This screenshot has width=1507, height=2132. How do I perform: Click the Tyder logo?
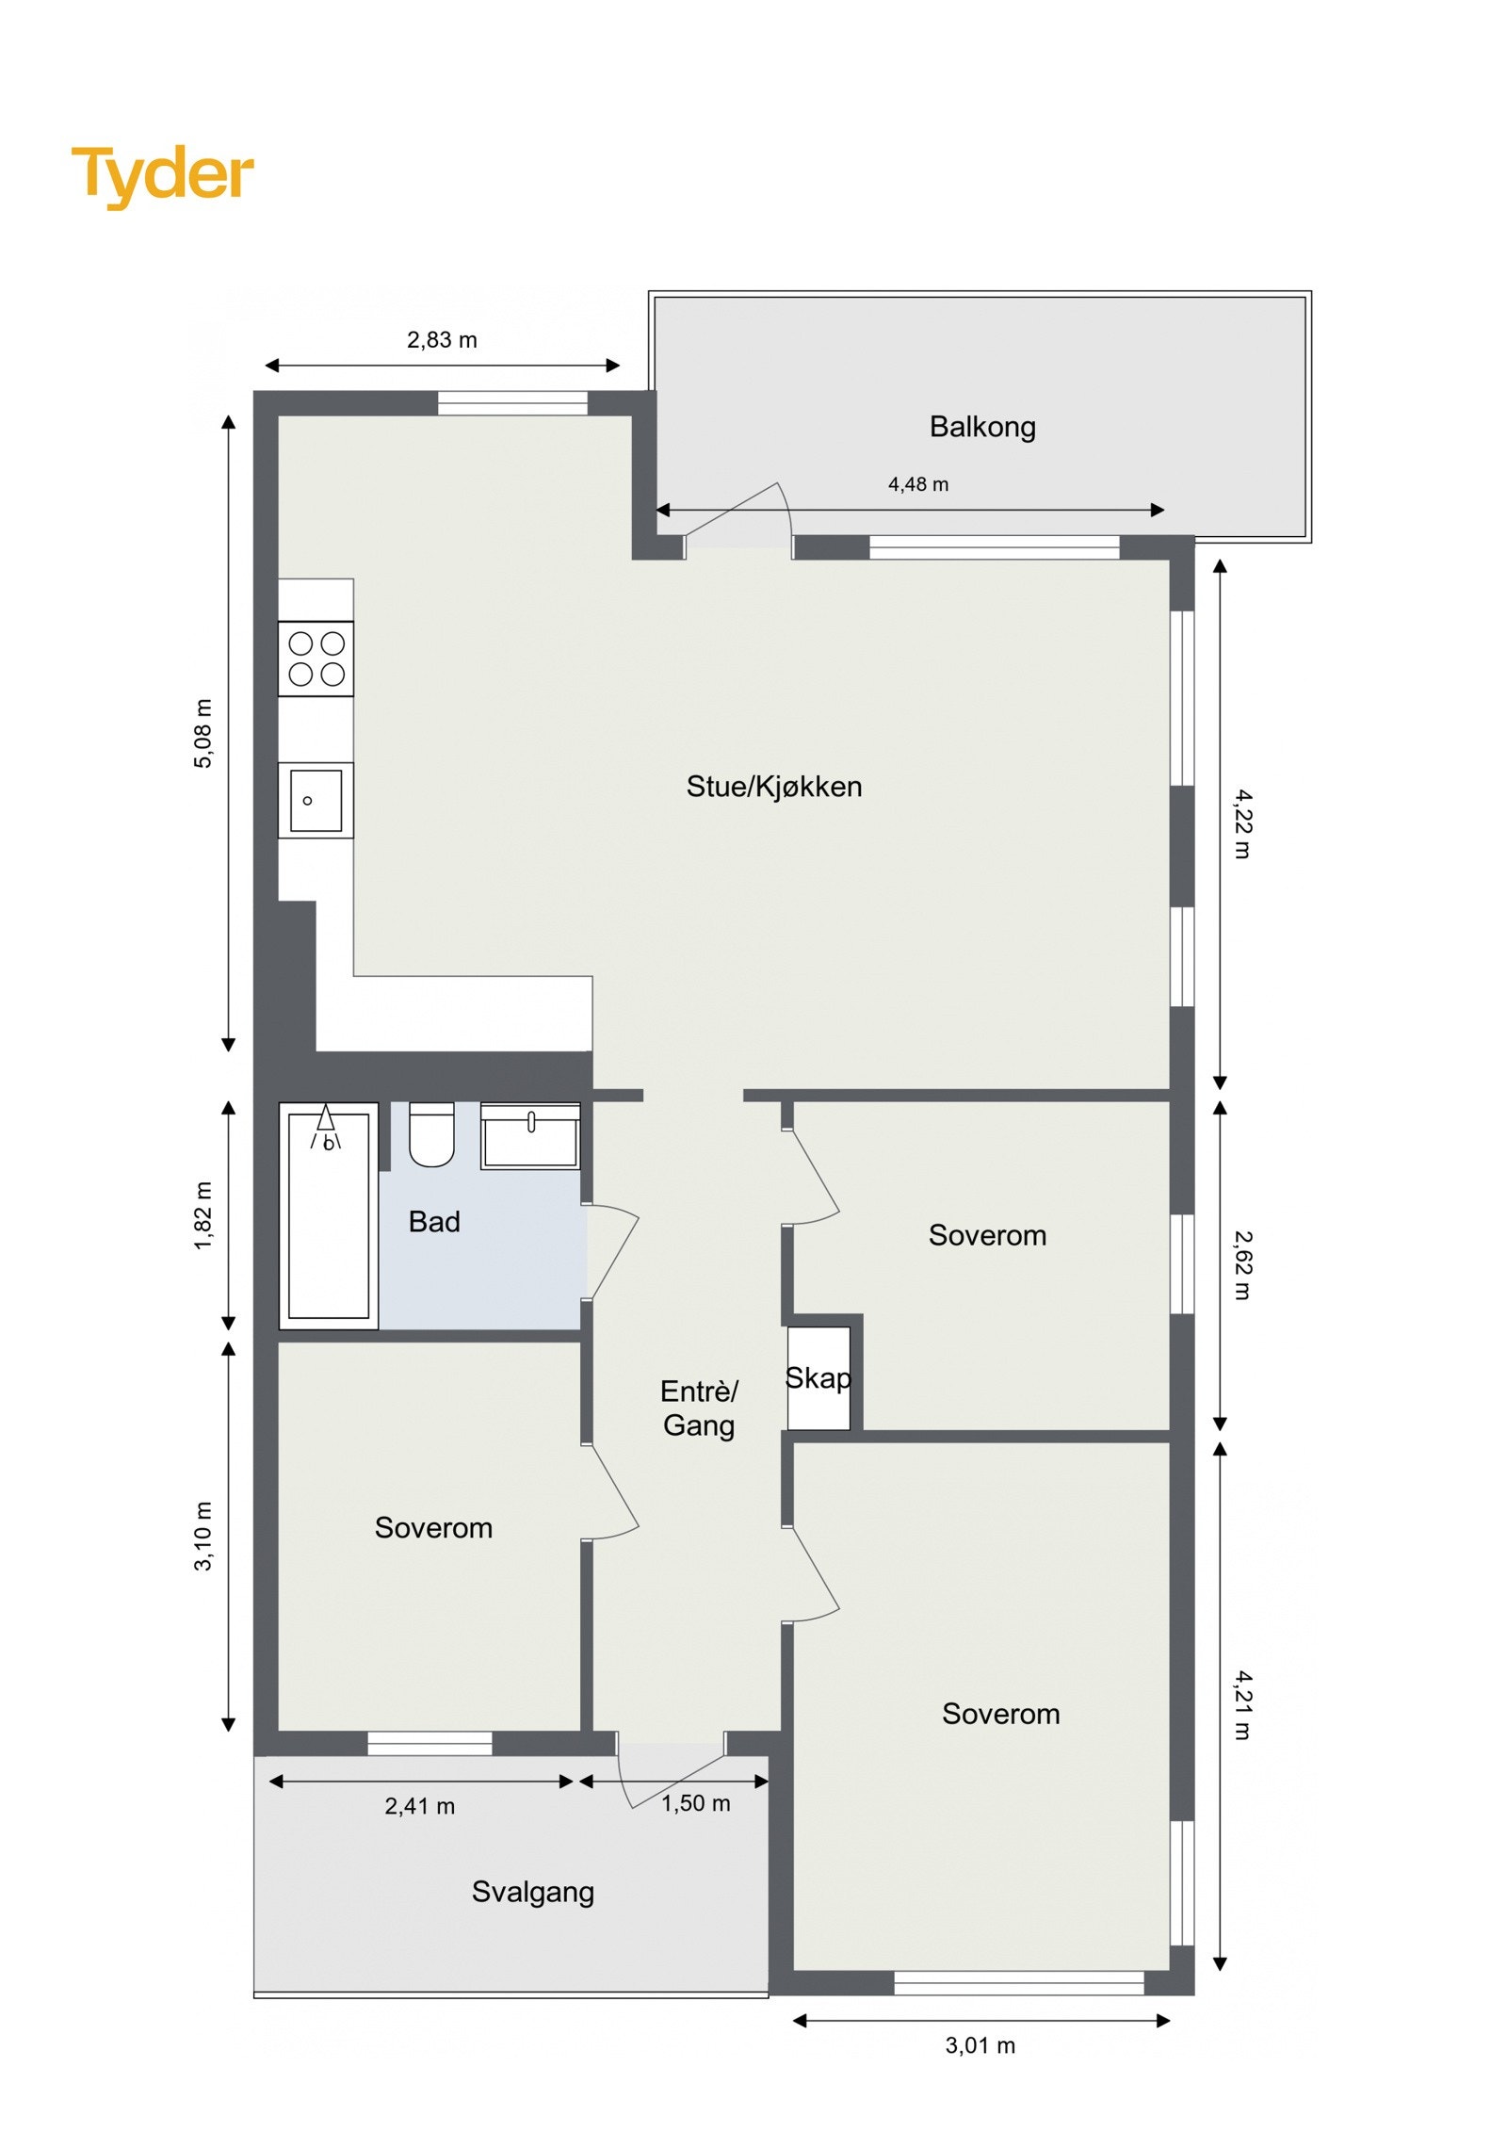point(162,175)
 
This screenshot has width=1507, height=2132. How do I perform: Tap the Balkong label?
point(981,427)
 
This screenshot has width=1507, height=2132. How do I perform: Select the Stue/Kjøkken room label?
point(773,786)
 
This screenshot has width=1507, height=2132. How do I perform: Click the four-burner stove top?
point(316,659)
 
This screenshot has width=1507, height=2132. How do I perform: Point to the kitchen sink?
point(316,801)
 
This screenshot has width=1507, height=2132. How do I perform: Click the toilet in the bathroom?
point(431,1135)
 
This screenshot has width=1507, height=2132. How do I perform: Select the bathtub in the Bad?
point(328,1215)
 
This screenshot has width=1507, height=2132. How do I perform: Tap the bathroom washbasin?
point(529,1136)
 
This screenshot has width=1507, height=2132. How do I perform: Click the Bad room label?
point(434,1222)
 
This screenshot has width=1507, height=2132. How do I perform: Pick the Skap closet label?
point(818,1377)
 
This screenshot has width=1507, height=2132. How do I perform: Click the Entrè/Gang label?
point(698,1408)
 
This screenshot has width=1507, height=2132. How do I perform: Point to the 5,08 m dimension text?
point(203,733)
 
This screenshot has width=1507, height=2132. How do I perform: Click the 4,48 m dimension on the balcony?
point(917,484)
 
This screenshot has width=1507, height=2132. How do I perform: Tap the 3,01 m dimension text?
point(980,2044)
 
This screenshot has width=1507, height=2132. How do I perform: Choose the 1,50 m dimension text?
point(695,1803)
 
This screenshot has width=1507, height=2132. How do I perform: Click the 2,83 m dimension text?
point(442,340)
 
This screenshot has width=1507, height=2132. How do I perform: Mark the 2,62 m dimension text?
point(1242,1265)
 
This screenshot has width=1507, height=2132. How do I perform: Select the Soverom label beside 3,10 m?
point(433,1527)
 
